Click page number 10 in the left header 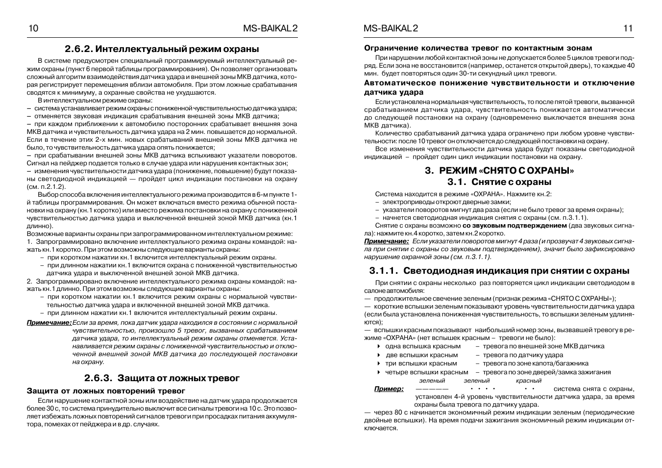[33, 28]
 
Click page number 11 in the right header [628, 28]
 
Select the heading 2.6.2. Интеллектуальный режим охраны [162, 49]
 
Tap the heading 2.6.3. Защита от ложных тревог [162, 378]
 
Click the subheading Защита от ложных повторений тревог [106, 391]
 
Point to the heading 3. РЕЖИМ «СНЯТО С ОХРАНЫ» [499, 171]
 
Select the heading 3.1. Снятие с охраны [499, 182]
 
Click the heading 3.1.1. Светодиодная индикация [499, 271]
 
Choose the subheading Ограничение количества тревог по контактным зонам [478, 48]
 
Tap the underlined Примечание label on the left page [49, 322]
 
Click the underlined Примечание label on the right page [386, 241]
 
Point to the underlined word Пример [389, 389]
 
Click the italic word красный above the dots [528, 380]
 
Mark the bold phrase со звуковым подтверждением [515, 226]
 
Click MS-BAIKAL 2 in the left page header [270, 28]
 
